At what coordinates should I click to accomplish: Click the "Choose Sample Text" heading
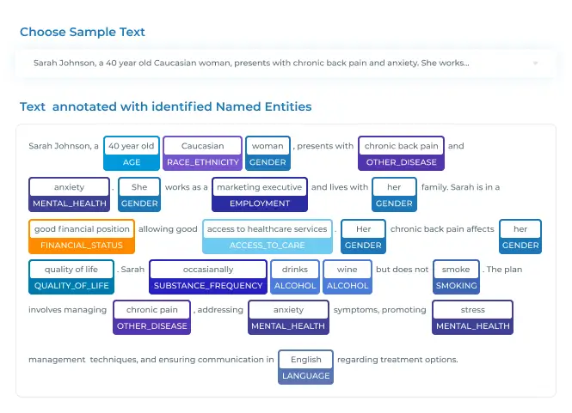point(83,32)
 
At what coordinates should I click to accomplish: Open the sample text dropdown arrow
point(535,63)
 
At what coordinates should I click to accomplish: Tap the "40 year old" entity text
point(132,146)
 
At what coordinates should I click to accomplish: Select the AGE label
point(132,162)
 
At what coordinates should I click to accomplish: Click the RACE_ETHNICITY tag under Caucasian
point(203,162)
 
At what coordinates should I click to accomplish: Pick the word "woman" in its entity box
point(268,146)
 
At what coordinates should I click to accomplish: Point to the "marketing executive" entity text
point(260,187)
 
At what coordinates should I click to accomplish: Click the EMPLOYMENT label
point(260,203)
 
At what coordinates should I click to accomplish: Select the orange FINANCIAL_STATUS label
point(82,245)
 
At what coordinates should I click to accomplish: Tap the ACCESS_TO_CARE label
point(267,245)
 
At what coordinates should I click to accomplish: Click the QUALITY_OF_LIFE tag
point(71,286)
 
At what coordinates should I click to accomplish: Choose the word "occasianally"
point(208,270)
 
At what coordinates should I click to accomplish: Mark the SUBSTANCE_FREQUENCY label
point(208,286)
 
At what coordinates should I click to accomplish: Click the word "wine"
point(348,270)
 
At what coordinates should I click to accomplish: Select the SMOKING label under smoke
point(457,286)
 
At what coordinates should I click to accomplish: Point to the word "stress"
point(473,310)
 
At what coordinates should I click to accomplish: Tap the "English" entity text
point(306,360)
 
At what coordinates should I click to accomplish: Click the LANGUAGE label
point(305,375)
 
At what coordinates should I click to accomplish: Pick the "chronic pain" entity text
point(152,310)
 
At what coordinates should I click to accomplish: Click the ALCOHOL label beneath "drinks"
point(295,286)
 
